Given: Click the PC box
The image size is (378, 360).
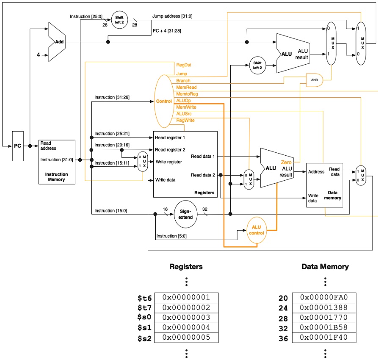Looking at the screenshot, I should click(17, 146).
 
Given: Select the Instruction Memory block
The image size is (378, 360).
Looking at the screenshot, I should click(57, 162).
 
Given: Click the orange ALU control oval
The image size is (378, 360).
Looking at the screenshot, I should click(258, 231).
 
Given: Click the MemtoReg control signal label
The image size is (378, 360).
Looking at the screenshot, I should click(187, 94).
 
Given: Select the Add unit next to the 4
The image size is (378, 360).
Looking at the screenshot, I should click(57, 42).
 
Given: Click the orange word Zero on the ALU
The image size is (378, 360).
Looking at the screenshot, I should click(286, 162).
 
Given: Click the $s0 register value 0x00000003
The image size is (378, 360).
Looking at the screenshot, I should click(186, 318).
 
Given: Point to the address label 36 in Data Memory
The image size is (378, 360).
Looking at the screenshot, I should click(283, 338).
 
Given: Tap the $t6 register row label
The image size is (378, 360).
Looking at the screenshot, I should click(144, 298).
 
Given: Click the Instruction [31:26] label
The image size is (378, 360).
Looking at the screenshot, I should click(112, 97).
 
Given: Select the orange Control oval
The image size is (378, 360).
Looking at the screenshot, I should click(164, 102).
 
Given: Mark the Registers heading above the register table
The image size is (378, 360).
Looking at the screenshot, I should click(186, 267).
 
